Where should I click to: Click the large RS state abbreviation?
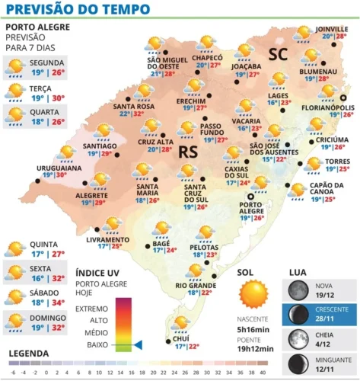click(187, 152)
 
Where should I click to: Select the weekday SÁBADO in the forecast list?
click(46, 291)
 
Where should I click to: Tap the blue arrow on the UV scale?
click(138, 345)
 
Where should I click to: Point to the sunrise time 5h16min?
click(253, 330)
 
